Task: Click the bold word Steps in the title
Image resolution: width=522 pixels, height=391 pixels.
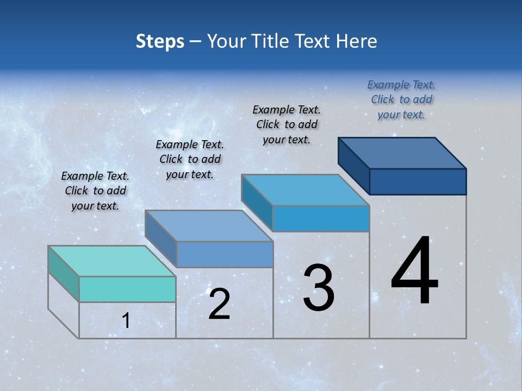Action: (160, 41)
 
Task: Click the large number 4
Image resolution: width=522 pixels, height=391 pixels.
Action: (414, 272)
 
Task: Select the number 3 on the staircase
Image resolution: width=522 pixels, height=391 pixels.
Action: (319, 288)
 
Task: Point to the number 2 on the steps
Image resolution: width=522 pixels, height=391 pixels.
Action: (219, 304)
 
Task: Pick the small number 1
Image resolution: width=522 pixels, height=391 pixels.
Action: (126, 321)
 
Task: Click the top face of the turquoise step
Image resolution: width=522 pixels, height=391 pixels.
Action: (112, 261)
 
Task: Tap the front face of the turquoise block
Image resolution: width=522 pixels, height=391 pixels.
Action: (127, 289)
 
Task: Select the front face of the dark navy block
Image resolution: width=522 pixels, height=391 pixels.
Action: (418, 181)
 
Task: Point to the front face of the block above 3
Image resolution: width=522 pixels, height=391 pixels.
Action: (321, 218)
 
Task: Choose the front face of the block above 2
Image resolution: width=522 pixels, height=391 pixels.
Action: (225, 254)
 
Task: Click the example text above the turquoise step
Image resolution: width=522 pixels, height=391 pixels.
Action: (95, 191)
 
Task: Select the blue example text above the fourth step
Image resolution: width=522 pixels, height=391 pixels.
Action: (401, 99)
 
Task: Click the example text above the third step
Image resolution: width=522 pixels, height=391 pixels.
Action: (287, 124)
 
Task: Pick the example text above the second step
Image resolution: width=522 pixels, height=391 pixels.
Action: (190, 159)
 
